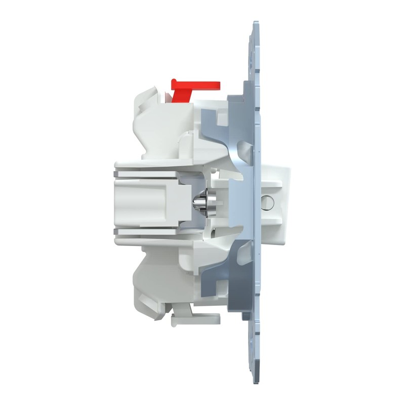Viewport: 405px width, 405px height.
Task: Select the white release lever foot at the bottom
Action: pyautogui.click(x=195, y=319)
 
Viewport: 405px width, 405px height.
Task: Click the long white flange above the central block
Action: pyautogui.click(x=162, y=165)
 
